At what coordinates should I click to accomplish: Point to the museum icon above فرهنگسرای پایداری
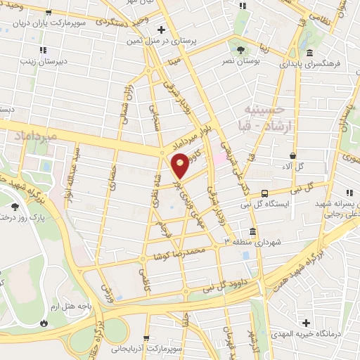(309, 53)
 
